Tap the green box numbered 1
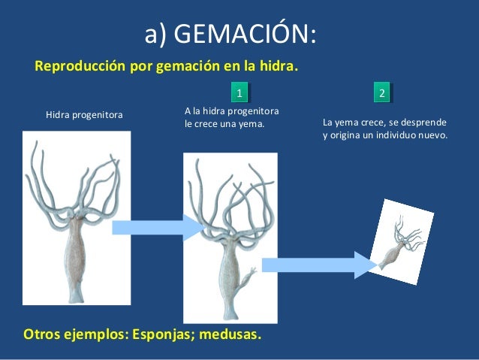pos(239,93)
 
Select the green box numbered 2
pos(382,93)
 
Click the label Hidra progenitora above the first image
pos(83,115)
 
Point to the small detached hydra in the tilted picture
pos(401,244)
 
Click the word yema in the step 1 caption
pos(252,123)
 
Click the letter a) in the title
pos(155,34)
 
